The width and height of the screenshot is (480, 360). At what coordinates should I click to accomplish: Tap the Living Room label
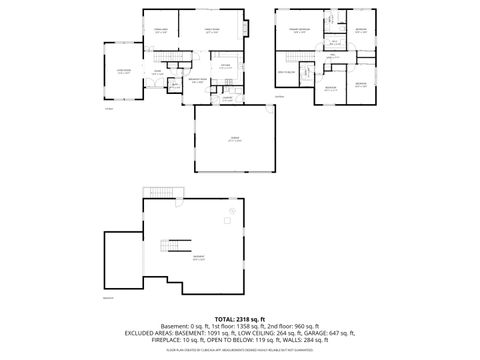(x=124, y=71)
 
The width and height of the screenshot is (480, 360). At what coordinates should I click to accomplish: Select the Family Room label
(x=212, y=31)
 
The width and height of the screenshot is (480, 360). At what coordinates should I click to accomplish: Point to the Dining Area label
(x=161, y=31)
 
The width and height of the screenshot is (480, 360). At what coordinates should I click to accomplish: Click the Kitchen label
(x=226, y=66)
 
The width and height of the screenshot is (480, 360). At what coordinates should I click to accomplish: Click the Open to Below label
(x=286, y=72)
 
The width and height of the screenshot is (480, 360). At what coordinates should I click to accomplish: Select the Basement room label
(x=199, y=257)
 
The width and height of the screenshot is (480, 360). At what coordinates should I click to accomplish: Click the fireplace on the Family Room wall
(x=247, y=29)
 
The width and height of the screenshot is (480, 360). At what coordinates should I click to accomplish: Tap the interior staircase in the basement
(x=171, y=246)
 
